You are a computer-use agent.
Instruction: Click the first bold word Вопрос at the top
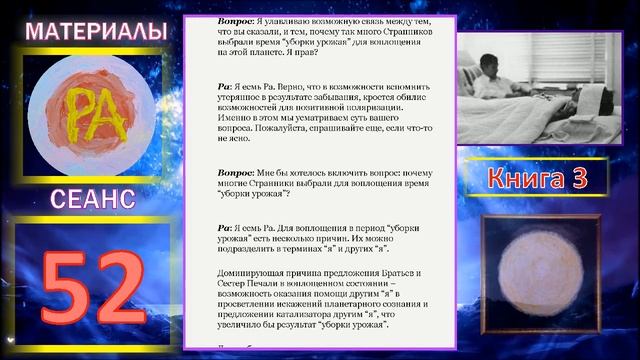click(x=237, y=21)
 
